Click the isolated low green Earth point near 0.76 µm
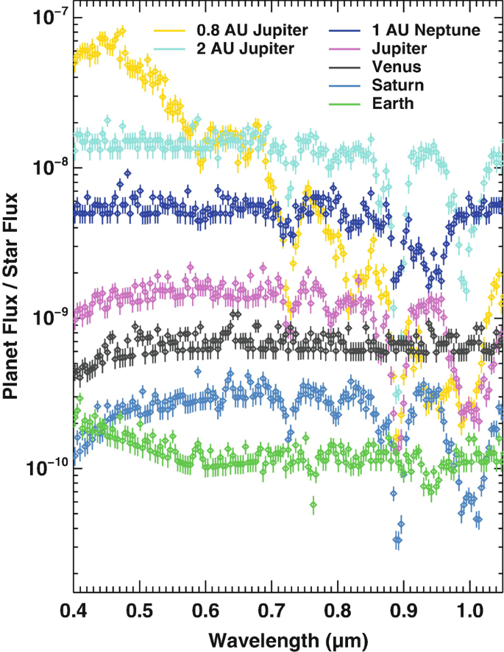tap(313, 504)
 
